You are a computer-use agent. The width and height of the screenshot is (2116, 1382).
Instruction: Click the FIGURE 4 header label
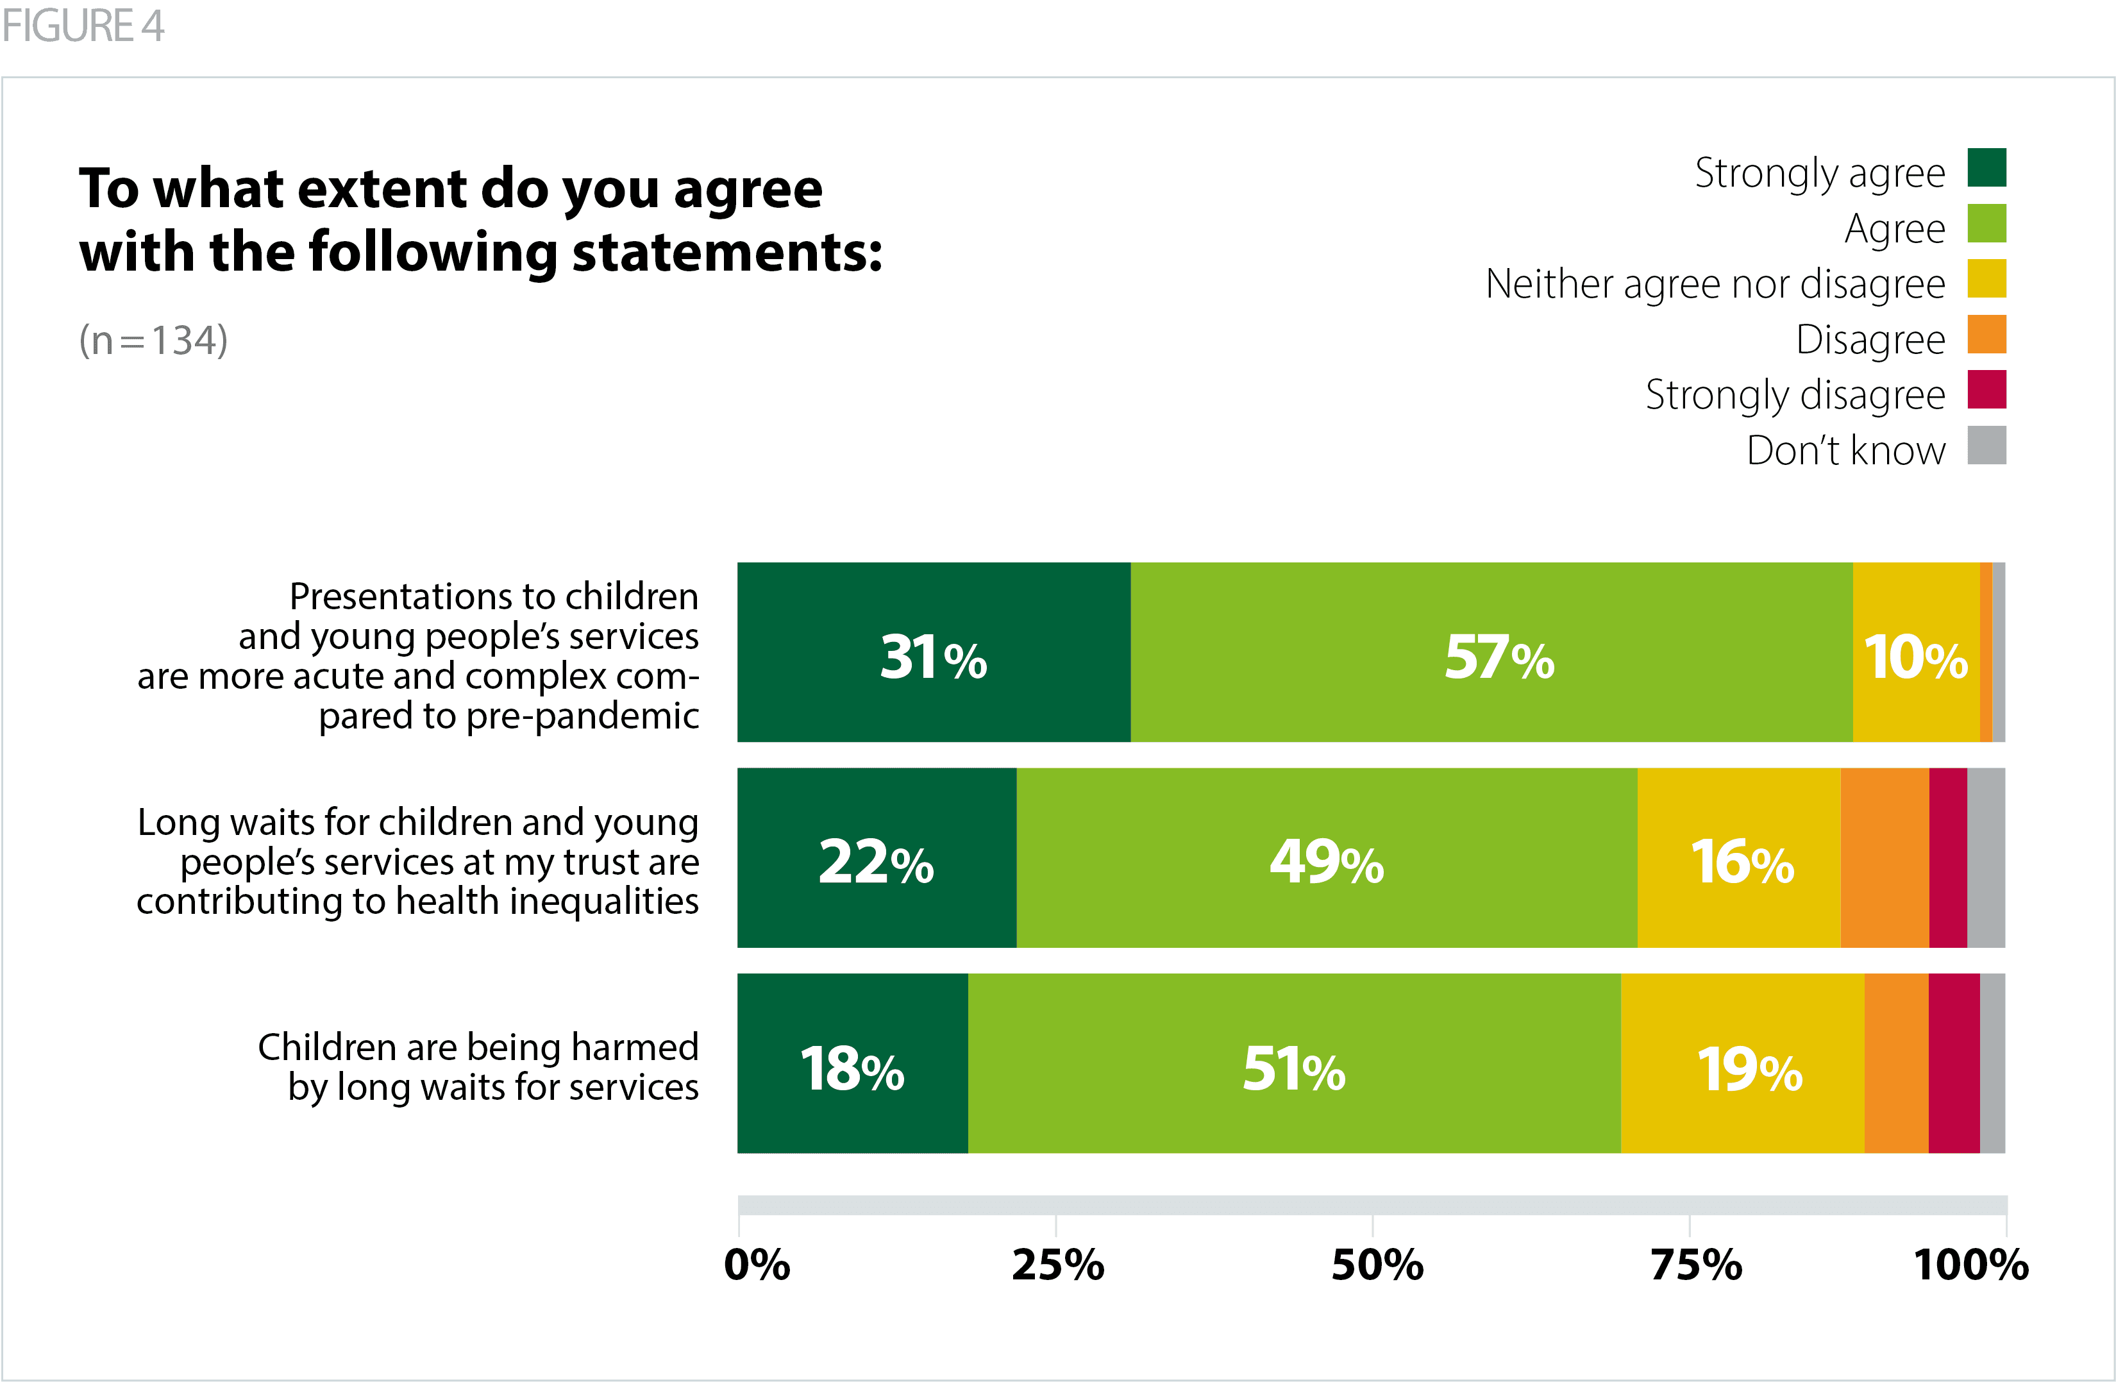tap(83, 26)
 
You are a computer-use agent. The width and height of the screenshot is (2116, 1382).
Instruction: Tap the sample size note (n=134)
tap(153, 340)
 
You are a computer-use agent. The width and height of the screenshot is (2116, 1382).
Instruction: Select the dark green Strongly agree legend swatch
tap(1986, 168)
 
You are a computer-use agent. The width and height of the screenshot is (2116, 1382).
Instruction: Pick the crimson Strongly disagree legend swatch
tap(1986, 389)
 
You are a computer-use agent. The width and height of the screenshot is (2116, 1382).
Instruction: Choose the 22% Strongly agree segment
tap(877, 858)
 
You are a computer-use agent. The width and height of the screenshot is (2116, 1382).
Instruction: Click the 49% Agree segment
tap(1327, 858)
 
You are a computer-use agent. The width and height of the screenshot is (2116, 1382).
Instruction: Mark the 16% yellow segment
tap(1739, 858)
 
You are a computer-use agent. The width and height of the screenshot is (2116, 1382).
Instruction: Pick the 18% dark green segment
tap(853, 1064)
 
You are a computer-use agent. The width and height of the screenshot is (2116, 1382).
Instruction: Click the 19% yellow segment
tap(1743, 1064)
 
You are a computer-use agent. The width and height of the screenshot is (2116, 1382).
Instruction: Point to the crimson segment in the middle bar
tap(1948, 858)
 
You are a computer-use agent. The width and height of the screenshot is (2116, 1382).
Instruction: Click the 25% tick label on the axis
tap(1057, 1265)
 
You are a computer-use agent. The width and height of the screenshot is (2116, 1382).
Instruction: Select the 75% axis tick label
tap(1695, 1265)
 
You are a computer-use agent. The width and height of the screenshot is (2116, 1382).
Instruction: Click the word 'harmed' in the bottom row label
tap(635, 1047)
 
